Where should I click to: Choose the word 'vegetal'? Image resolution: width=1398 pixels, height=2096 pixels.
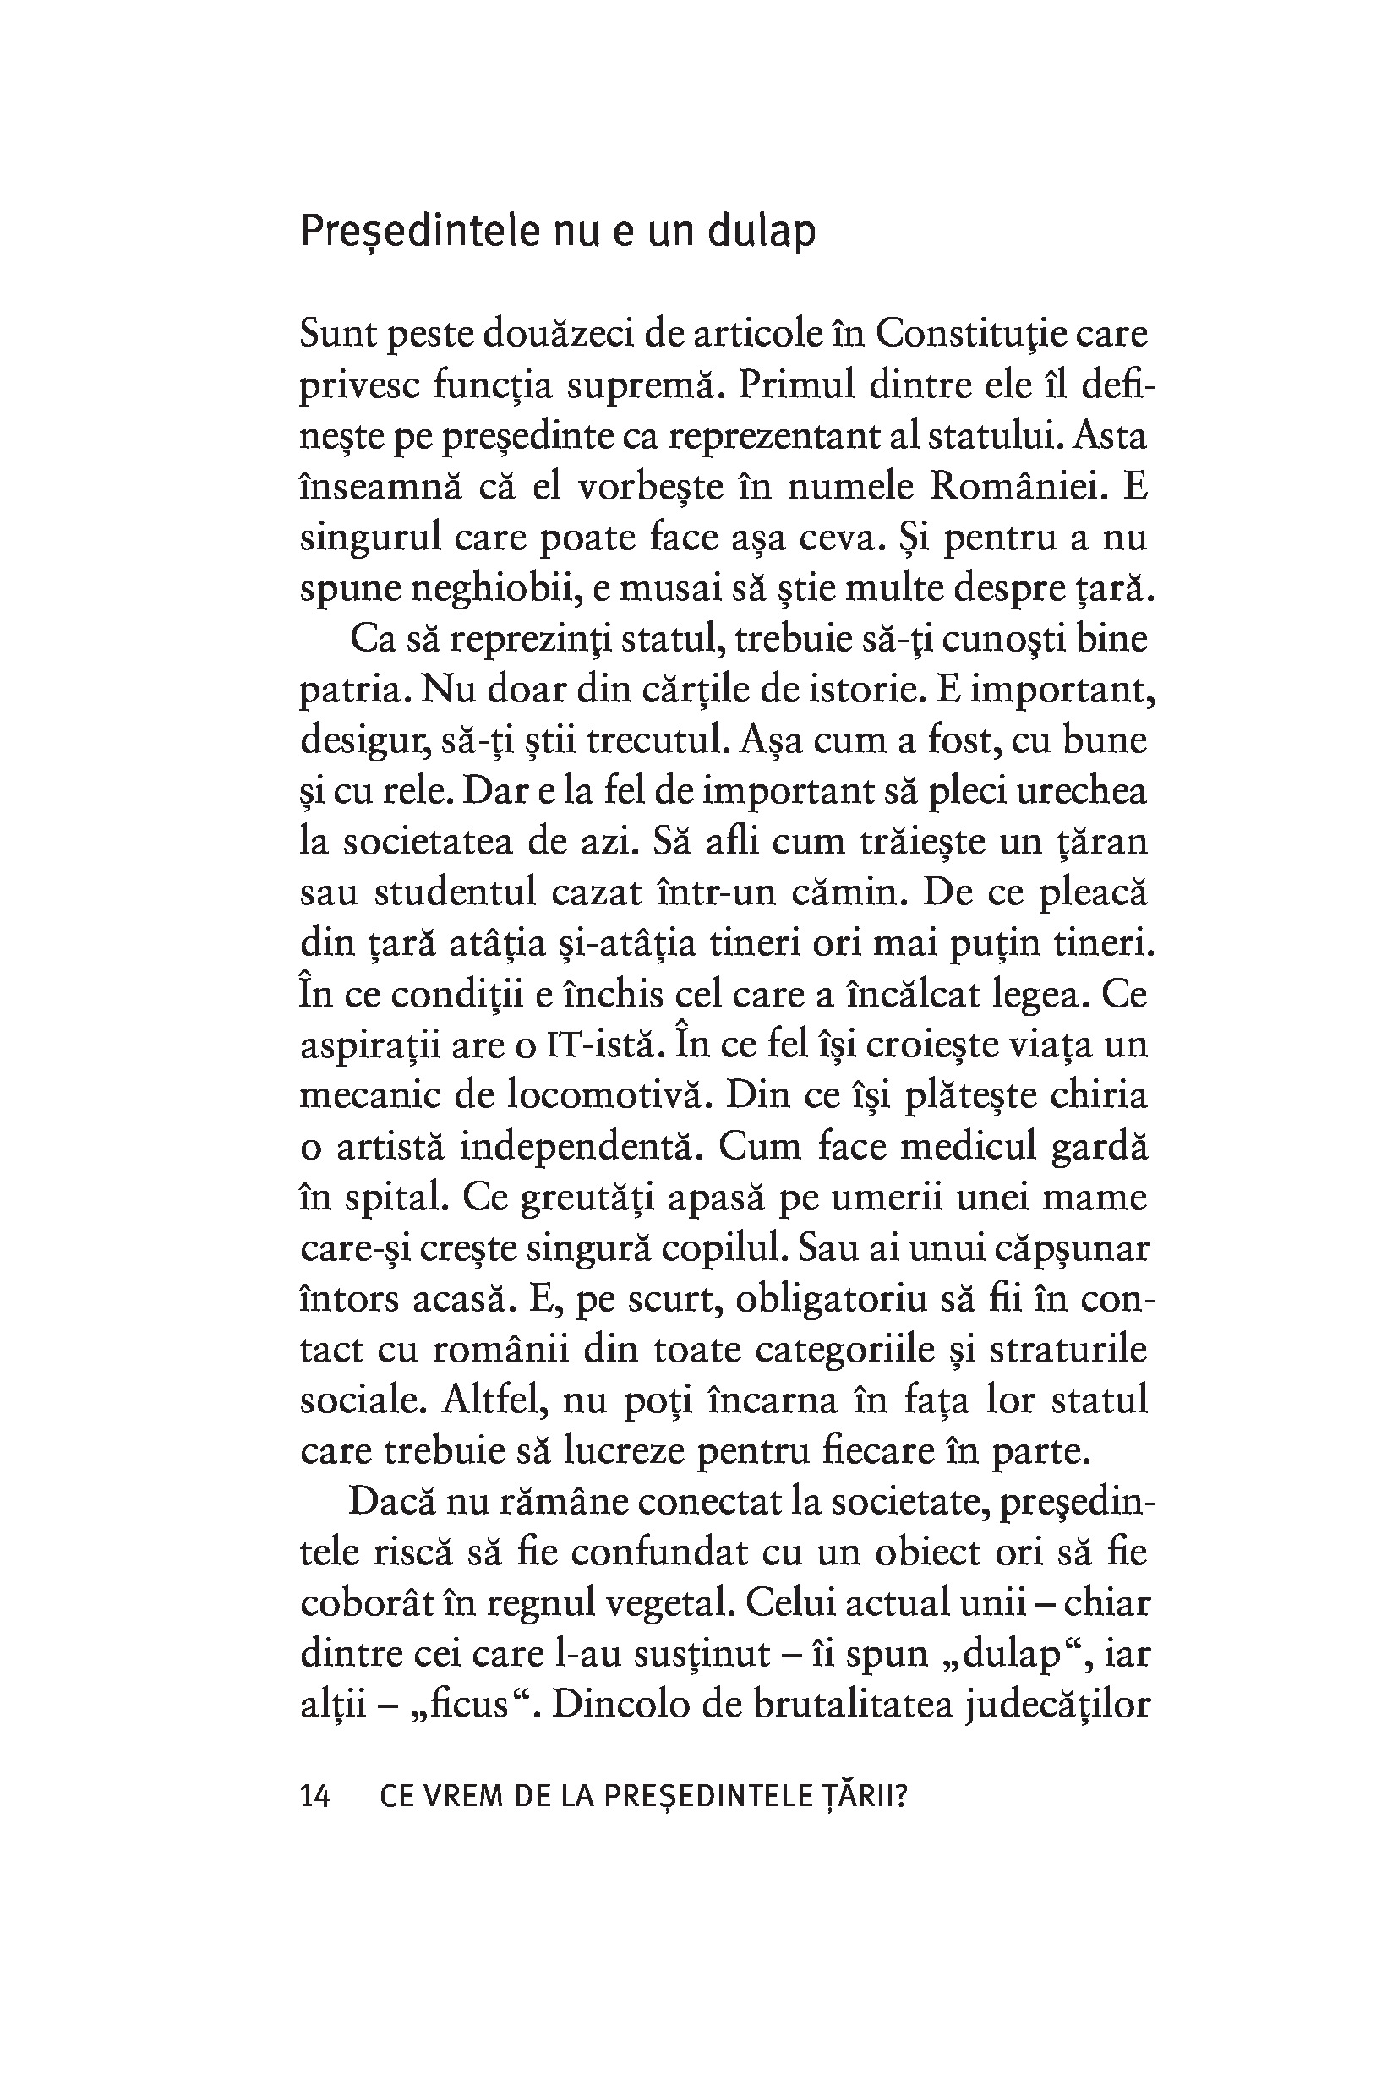point(669,1604)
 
